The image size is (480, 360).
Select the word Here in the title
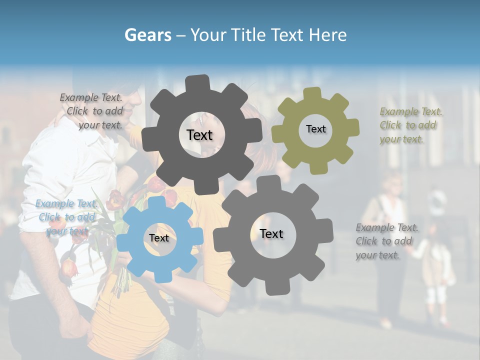click(328, 35)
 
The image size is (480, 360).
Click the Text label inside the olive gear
click(315, 129)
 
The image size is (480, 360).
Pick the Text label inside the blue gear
click(159, 238)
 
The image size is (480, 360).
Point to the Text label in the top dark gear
click(199, 135)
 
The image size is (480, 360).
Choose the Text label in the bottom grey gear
click(271, 233)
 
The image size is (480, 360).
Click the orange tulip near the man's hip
click(68, 268)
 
